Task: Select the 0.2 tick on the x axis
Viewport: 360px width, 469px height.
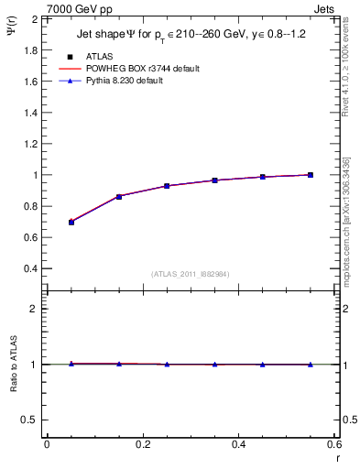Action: click(142, 445)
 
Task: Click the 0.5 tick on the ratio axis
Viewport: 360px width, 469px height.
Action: click(31, 420)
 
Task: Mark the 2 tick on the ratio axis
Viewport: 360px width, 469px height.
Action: click(35, 309)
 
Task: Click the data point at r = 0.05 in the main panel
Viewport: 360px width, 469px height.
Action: click(71, 222)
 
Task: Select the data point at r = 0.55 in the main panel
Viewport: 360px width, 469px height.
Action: click(311, 175)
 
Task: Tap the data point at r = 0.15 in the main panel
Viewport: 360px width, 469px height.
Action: click(119, 196)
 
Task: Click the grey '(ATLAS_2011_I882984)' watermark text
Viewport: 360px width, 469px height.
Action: click(191, 274)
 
